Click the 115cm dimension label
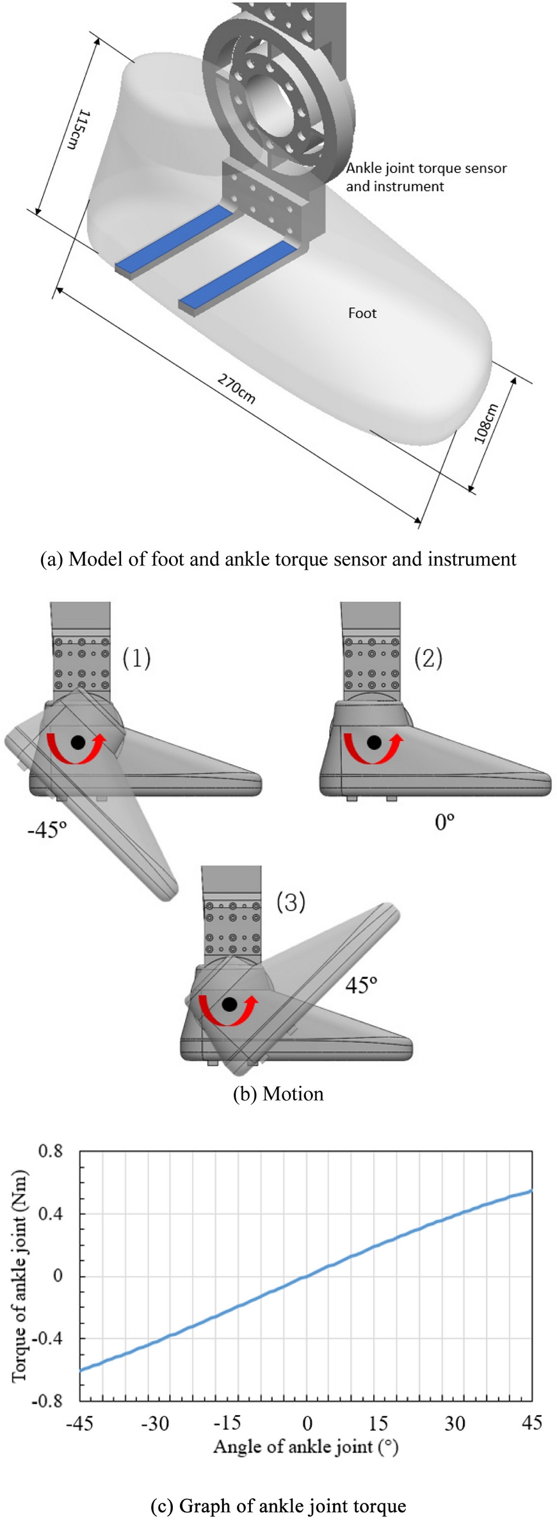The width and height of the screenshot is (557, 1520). pos(77,131)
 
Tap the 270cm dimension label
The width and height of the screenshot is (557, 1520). pos(236,389)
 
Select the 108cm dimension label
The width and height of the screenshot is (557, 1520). pos(486,423)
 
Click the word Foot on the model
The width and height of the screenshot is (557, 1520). pos(362,313)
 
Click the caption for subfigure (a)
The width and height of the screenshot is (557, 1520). pos(278,559)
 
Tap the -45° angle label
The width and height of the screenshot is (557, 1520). pos(47,830)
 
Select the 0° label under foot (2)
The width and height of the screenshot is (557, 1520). pos(444,821)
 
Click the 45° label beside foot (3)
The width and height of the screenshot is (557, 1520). pos(361,985)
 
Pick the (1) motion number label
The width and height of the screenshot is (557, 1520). pos(136,658)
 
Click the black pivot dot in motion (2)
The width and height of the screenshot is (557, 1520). pos(375,743)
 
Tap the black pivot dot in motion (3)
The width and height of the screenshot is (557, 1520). pos(229,1004)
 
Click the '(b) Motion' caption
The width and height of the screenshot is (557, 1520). pos(278,1094)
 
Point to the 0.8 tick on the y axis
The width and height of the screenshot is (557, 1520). pos(51,1151)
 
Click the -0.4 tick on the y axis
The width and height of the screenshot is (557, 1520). pos(47,1338)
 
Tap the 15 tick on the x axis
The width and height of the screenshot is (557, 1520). pos(378,1423)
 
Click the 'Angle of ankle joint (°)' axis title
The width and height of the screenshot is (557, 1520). pos(305,1446)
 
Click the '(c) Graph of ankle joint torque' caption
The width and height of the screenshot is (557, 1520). pos(278,1505)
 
